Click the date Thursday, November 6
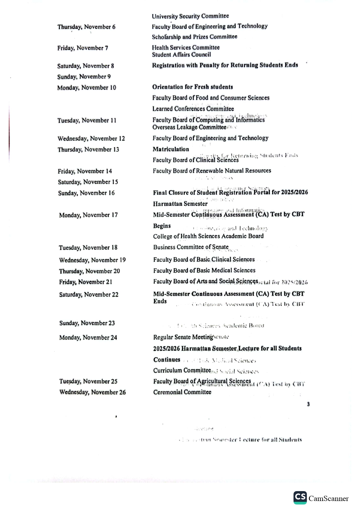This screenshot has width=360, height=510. pyautogui.click(x=86, y=27)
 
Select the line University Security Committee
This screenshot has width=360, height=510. pyautogui.click(x=190, y=16)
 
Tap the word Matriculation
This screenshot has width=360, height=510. pyautogui.click(x=171, y=149)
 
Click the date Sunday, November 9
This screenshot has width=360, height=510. pyautogui.click(x=84, y=77)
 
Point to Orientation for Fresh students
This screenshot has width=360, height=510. pyautogui.click(x=192, y=87)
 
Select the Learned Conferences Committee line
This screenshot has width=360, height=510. pyautogui.click(x=193, y=109)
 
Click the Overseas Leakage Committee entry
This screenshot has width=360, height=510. pyautogui.click(x=189, y=127)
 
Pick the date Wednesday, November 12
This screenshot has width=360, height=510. pyautogui.click(x=91, y=139)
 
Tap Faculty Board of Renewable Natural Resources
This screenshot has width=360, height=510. pyautogui.click(x=212, y=171)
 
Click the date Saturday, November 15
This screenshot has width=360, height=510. pyautogui.click(x=88, y=182)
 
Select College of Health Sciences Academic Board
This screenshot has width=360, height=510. pyautogui.click(x=208, y=236)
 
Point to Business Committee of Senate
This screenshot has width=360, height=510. pyautogui.click(x=191, y=247)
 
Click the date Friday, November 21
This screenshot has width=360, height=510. pyautogui.click(x=85, y=282)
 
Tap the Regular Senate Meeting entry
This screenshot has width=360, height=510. pyautogui.click(x=183, y=337)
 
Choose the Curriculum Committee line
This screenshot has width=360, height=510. pyautogui.click(x=182, y=371)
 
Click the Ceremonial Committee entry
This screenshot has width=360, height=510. pyautogui.click(x=182, y=392)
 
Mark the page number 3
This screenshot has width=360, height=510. pyautogui.click(x=308, y=404)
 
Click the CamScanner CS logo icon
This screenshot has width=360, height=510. pyautogui.click(x=300, y=498)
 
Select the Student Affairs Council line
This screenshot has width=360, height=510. pyautogui.click(x=181, y=55)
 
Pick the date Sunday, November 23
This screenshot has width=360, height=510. pyautogui.click(x=87, y=323)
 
